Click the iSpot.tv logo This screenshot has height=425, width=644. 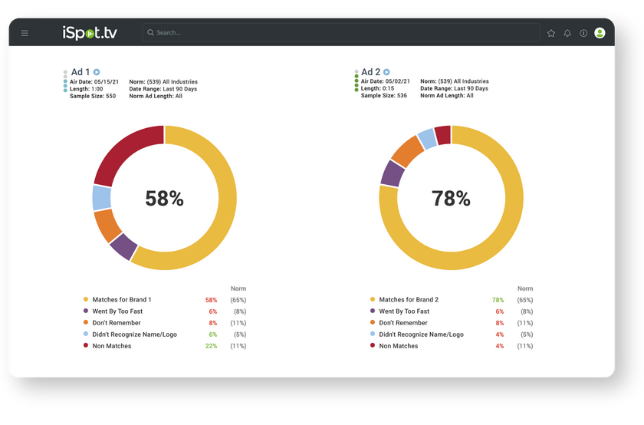coord(90,33)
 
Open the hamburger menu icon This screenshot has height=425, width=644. coord(25,33)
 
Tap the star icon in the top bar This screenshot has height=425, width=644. coord(551,33)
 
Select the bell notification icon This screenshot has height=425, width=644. coord(567,33)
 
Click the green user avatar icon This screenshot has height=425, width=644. coord(600,33)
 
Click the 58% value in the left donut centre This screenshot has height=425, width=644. coord(164,199)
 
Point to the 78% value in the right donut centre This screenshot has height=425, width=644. coord(451,199)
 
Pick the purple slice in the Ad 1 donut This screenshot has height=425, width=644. coord(123,246)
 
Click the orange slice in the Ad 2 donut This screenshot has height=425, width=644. coord(407,150)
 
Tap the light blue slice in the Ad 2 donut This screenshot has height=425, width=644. coord(426,138)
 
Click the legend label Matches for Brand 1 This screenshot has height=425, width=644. coord(121,300)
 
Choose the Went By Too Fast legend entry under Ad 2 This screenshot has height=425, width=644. coord(404,311)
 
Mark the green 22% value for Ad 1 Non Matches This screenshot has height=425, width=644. coord(212,346)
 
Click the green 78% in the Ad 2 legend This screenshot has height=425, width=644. coord(498,300)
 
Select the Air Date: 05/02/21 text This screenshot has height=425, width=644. coord(386,81)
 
